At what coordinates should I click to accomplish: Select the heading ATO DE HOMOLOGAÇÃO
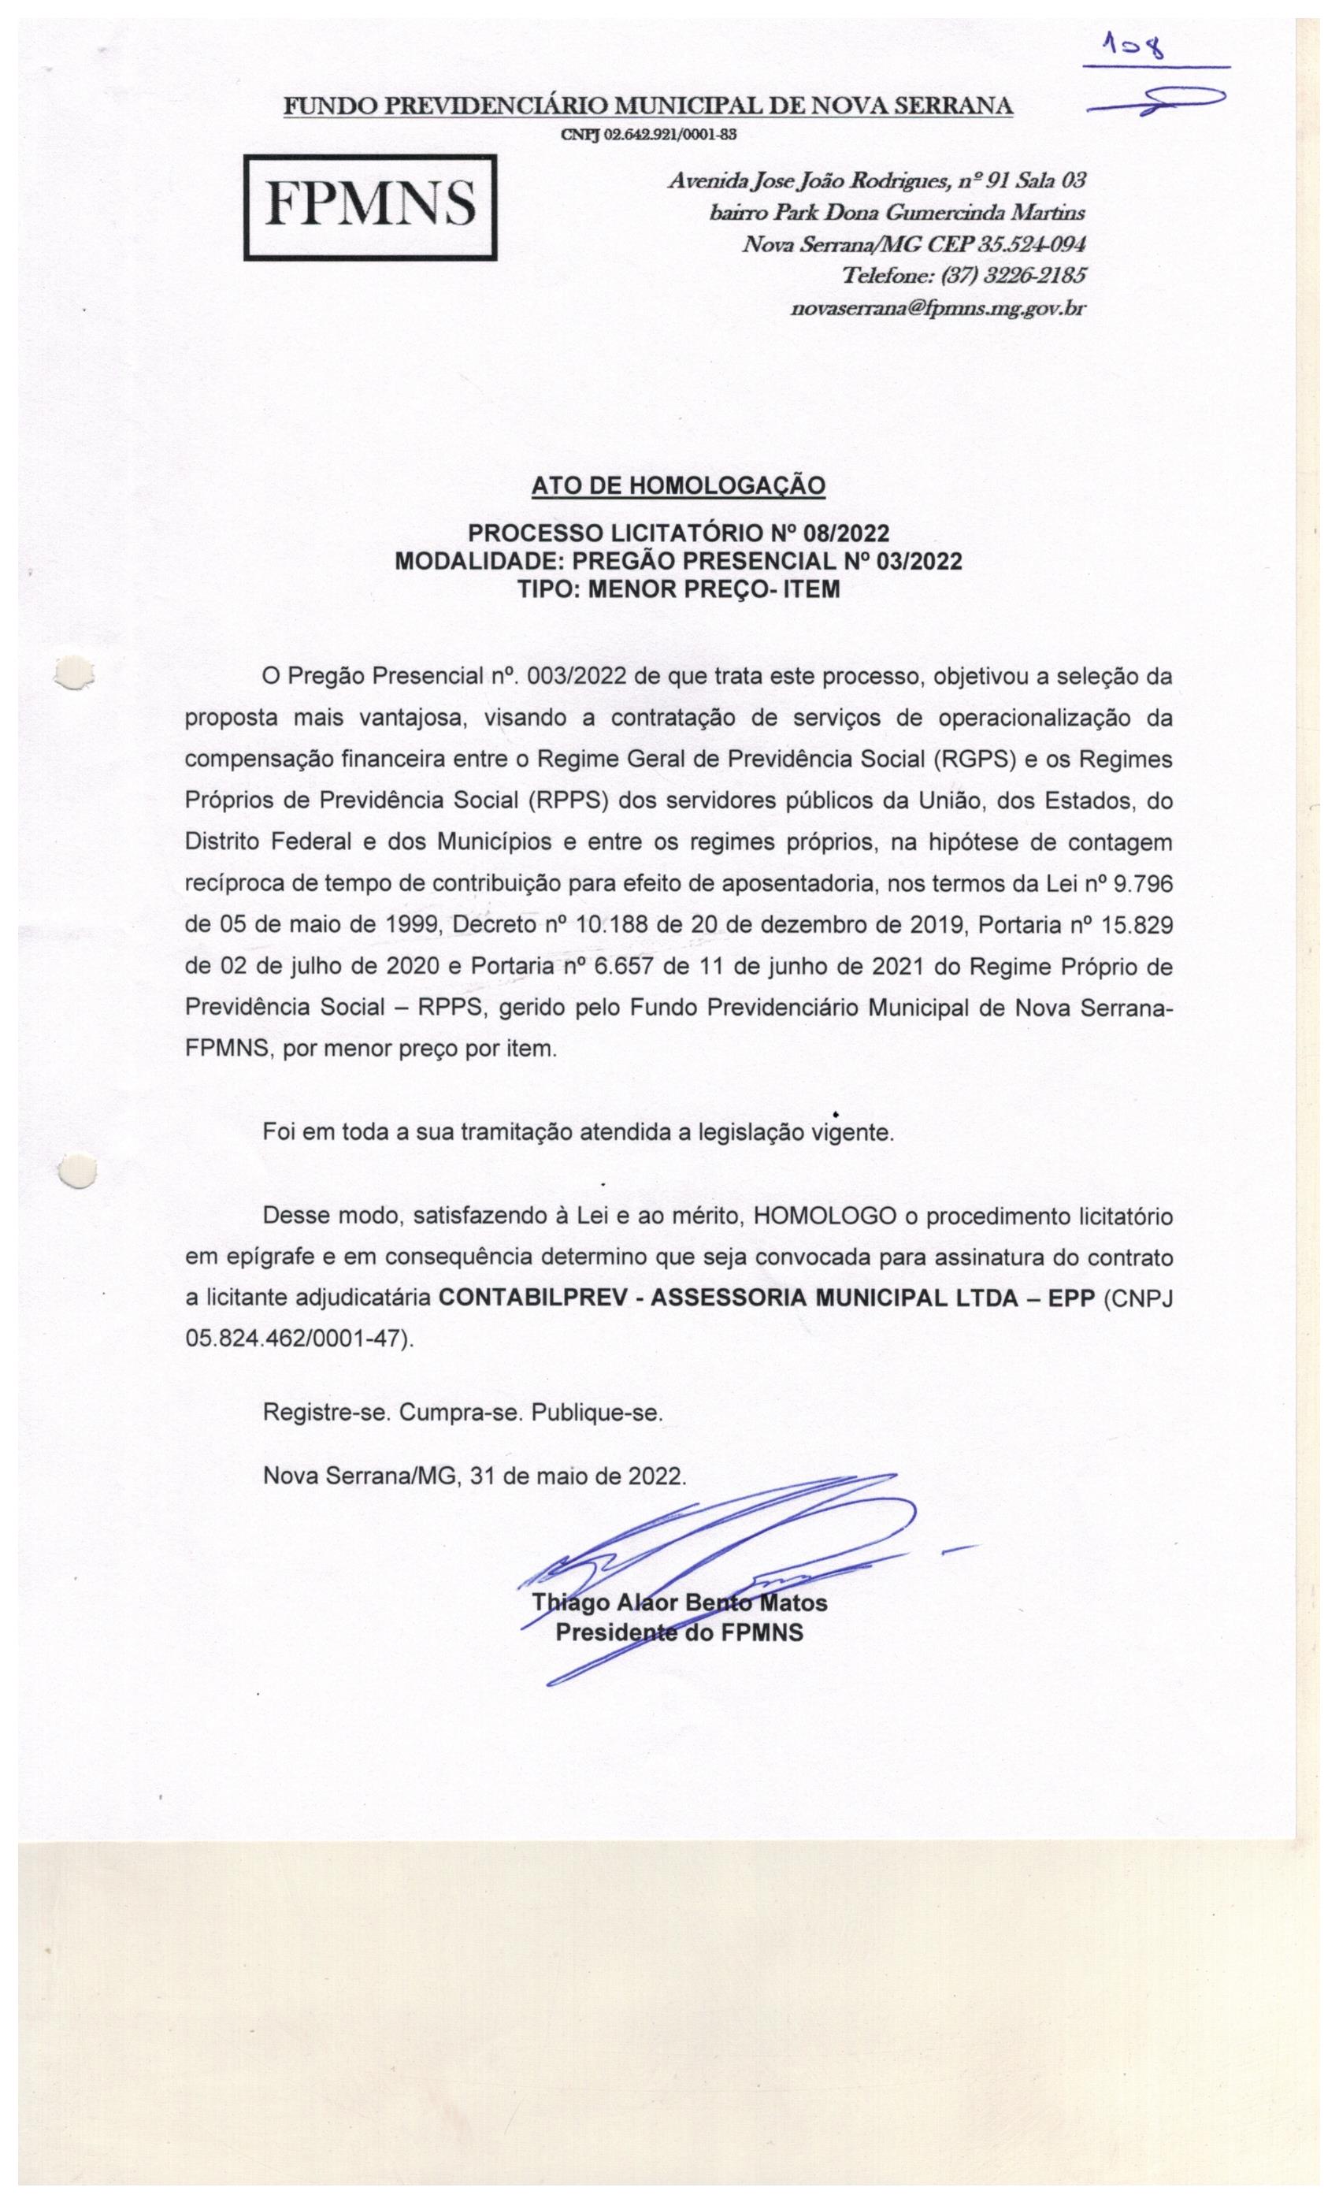tap(677, 485)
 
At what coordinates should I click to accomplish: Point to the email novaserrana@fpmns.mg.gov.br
tap(938, 309)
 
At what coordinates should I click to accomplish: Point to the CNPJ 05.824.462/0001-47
tap(298, 1339)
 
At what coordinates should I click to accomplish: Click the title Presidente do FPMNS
tap(679, 1632)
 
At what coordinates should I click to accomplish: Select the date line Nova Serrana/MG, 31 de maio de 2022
tap(474, 1476)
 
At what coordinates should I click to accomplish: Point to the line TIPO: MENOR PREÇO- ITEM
tap(678, 590)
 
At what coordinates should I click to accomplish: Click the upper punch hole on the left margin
tap(74, 674)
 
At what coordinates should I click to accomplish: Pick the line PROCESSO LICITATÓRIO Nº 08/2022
tap(678, 533)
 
